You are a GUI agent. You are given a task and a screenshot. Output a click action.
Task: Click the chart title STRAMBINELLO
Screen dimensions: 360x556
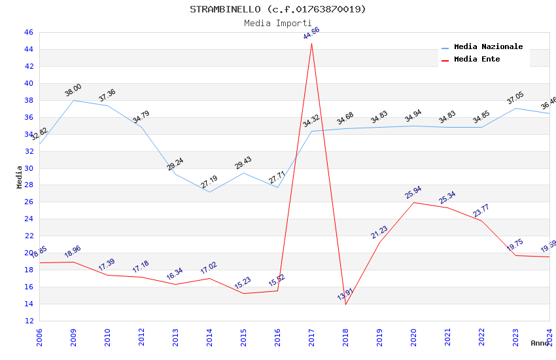[277, 9]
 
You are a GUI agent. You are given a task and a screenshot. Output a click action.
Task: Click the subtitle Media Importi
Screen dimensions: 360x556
[277, 23]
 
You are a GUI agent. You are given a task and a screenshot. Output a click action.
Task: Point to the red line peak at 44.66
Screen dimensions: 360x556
[311, 43]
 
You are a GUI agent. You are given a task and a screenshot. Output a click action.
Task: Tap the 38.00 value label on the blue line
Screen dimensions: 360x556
[73, 90]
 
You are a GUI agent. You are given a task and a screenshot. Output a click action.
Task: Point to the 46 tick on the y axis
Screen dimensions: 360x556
[29, 32]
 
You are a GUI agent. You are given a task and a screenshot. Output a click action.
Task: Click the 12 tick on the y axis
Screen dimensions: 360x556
[29, 321]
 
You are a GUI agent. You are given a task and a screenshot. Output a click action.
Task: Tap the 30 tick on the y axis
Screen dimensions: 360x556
[29, 168]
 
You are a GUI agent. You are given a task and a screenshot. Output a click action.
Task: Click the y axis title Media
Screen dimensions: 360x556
[20, 177]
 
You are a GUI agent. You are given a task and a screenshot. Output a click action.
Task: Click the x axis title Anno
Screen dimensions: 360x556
[540, 343]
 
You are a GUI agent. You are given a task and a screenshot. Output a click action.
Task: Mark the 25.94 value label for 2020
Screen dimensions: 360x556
[413, 192]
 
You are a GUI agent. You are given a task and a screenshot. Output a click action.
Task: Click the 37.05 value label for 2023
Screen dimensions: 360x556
[515, 98]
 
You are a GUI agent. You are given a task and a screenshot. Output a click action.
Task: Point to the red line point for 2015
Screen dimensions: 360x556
[243, 293]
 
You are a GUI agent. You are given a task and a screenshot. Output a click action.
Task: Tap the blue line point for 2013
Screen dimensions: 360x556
[175, 173]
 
